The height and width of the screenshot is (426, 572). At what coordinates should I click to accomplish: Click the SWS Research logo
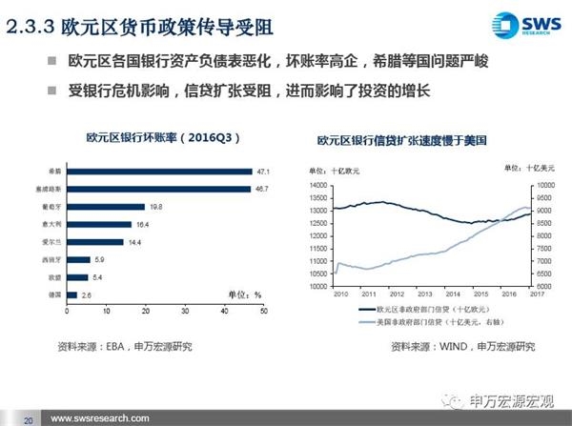pyautogui.click(x=522, y=27)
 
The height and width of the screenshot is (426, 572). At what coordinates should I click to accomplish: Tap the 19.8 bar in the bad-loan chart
pyautogui.click(x=104, y=207)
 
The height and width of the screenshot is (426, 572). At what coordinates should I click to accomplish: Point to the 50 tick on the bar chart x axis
pyautogui.click(x=262, y=311)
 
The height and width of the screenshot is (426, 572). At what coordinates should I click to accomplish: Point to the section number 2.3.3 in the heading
pyautogui.click(x=30, y=30)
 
